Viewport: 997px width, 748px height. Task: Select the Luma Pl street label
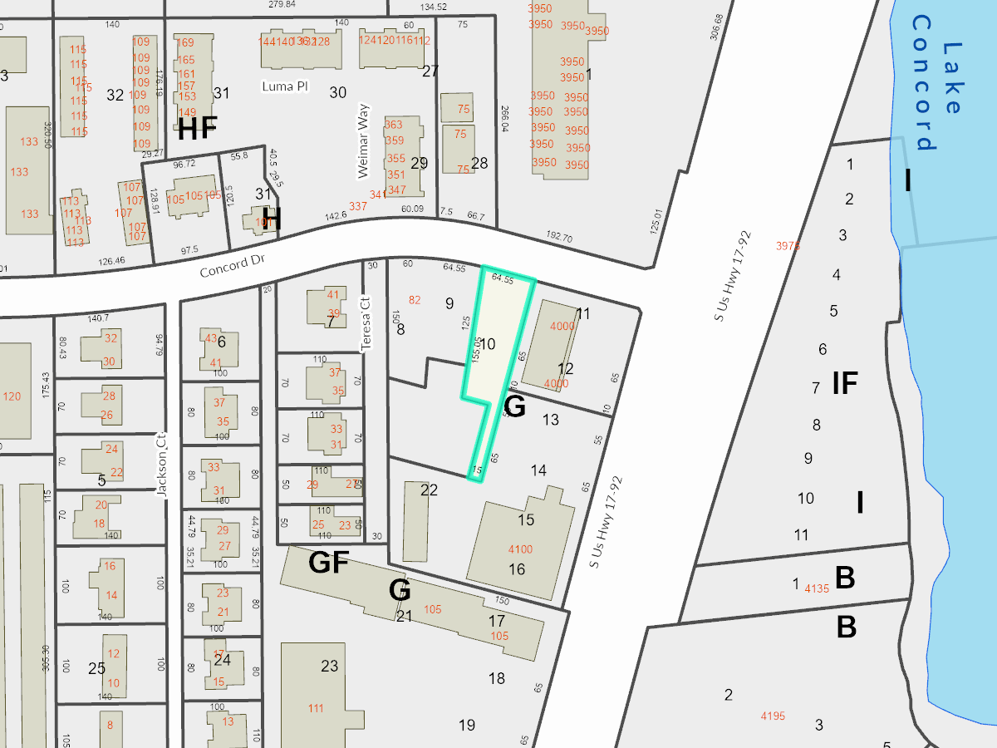point(284,86)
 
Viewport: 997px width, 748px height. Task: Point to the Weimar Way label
point(362,146)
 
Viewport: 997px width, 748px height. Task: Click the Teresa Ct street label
point(363,323)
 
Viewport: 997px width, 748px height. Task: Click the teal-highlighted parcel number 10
point(489,343)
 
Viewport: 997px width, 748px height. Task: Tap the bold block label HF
point(198,128)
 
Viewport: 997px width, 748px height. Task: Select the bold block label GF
point(328,563)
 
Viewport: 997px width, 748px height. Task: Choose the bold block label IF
point(845,383)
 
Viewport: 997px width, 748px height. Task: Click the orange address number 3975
point(788,246)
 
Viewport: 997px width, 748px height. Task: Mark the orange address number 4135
point(817,588)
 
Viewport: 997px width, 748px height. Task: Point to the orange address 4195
point(772,716)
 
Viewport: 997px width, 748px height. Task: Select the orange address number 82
point(415,300)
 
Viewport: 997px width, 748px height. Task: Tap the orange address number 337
point(358,205)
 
